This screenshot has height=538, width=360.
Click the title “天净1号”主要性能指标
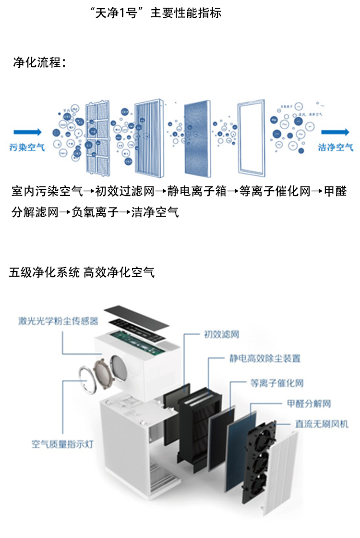pyautogui.click(x=156, y=13)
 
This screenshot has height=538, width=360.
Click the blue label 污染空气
pyautogui.click(x=27, y=147)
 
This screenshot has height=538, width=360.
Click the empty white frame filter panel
pyautogui.click(x=251, y=138)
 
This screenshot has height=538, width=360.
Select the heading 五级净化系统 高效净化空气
pyautogui.click(x=82, y=272)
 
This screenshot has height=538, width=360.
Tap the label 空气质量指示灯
pyautogui.click(x=62, y=444)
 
